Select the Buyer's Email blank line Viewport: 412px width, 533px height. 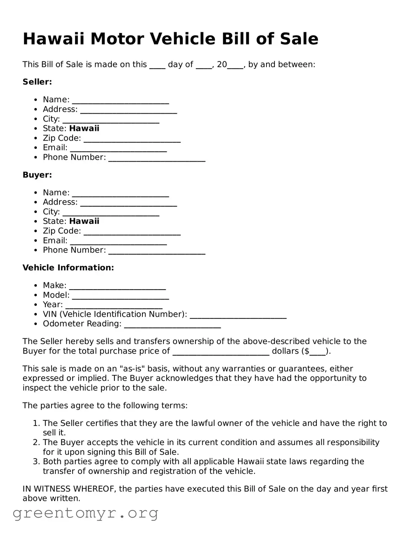[118, 242]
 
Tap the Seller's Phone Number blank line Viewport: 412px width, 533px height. [157, 159]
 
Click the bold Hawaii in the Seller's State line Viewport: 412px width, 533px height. [84, 129]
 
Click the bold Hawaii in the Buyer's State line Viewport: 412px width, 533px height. [84, 221]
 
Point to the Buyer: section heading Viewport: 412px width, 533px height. [37, 175]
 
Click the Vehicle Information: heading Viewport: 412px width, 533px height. [68, 268]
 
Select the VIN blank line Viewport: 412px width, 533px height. [238, 316]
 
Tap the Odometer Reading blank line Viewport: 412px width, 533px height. [172, 326]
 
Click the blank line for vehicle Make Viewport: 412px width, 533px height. [117, 287]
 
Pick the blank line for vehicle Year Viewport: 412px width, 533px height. [114, 306]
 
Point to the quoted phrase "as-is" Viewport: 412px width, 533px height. [132, 369]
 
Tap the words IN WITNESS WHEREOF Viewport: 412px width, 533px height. [69, 489]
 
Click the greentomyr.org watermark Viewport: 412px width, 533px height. [85, 513]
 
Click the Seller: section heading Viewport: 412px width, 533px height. [37, 82]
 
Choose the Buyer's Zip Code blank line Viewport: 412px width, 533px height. [132, 233]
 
